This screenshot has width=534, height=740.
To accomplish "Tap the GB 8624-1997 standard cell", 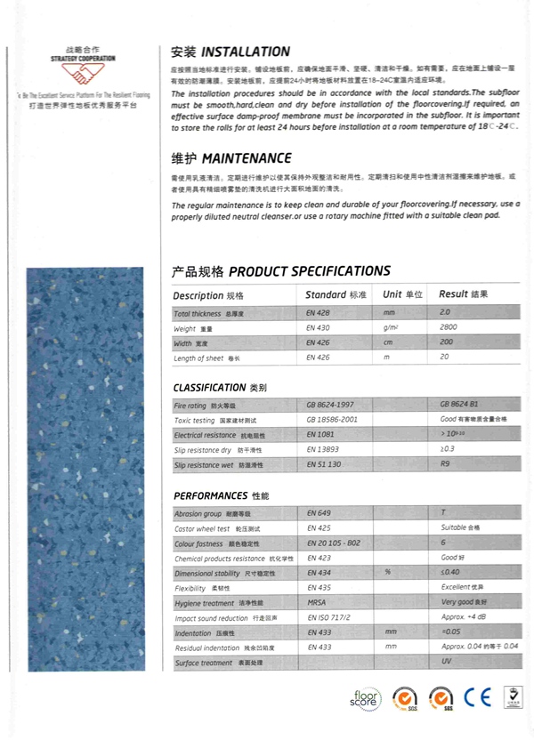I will [x=332, y=404].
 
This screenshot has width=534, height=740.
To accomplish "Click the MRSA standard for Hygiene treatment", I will [x=317, y=602].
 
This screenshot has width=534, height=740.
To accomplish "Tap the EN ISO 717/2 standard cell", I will [x=328, y=617].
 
